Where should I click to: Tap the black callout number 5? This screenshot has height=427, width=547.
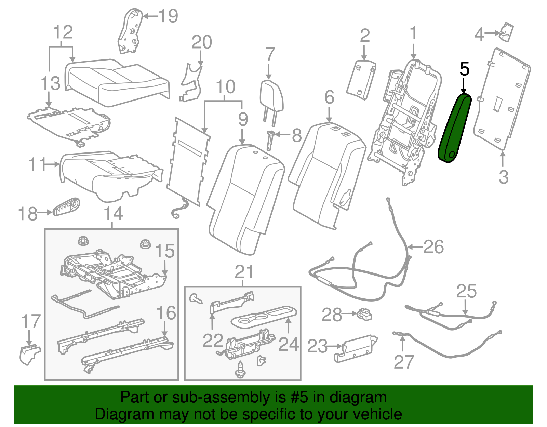point(464,69)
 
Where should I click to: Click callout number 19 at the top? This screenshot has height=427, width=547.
point(169,16)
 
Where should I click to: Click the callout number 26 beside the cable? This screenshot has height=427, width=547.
point(433,246)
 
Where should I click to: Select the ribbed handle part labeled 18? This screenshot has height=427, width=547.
point(67,206)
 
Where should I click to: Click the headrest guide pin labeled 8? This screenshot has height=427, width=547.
point(270,139)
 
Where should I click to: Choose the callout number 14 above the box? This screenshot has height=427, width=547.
point(113,214)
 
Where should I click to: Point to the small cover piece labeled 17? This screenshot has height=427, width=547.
point(30,354)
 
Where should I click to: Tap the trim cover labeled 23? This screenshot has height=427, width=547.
point(356,348)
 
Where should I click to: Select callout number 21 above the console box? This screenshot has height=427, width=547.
point(244,272)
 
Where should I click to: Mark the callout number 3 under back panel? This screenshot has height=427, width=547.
point(504,177)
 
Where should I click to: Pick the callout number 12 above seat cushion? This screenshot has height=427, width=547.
point(63,32)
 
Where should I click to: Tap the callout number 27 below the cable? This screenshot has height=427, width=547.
point(404,362)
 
